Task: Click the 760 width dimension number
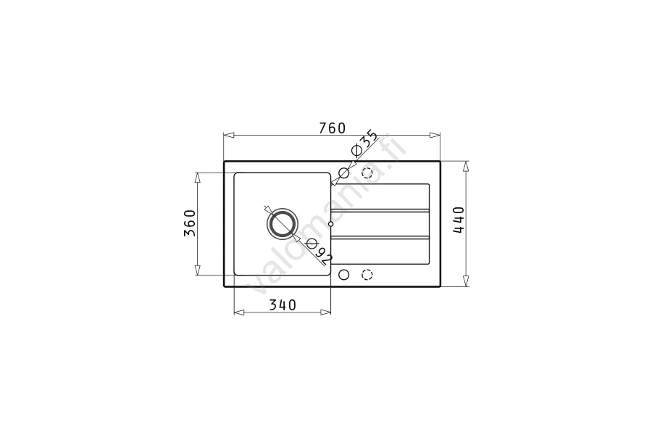click(x=333, y=128)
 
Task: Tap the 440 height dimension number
click(x=459, y=220)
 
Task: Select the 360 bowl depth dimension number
click(x=190, y=223)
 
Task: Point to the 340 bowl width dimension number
click(x=283, y=305)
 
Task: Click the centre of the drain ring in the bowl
click(x=283, y=223)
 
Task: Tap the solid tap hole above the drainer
click(x=344, y=173)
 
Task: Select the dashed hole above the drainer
click(x=367, y=173)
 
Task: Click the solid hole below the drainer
click(x=344, y=275)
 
